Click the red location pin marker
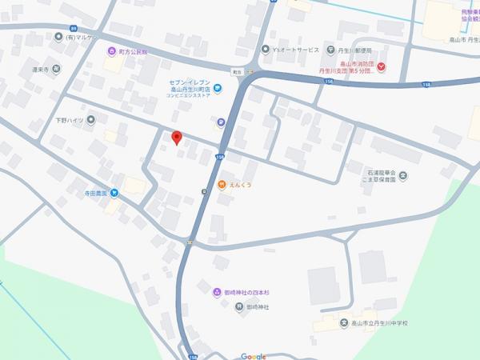point(177,138)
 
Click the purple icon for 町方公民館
point(112,51)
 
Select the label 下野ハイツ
point(70,121)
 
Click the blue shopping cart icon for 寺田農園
point(114,192)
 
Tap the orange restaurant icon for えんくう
point(222,186)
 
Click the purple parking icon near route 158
point(220,123)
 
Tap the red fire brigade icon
point(382,66)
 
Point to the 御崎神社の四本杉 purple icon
point(217,292)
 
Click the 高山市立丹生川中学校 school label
point(379,322)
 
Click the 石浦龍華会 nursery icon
point(403,175)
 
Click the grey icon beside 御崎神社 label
point(217,307)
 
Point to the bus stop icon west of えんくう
point(204,190)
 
